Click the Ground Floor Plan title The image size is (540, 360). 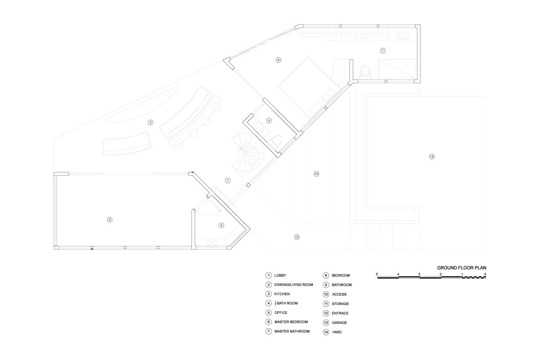[462, 267]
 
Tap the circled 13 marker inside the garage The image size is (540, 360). [432, 157]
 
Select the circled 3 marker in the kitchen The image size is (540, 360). [110, 220]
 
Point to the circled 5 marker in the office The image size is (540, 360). [221, 225]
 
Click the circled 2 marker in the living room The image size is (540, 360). [150, 122]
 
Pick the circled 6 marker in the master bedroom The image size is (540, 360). [278, 60]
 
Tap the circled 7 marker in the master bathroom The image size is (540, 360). [383, 51]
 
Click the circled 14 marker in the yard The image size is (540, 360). [316, 174]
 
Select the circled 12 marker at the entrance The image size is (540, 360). [297, 237]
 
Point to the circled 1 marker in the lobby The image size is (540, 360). [228, 180]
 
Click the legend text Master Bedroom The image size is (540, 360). [291, 322]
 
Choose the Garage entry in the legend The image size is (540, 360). [339, 323]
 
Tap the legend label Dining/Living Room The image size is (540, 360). [294, 285]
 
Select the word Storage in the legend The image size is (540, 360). [341, 304]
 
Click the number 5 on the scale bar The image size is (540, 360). [377, 274]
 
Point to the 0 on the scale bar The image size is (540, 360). [485, 274]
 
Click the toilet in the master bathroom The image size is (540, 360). [365, 72]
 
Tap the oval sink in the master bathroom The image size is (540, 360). [402, 35]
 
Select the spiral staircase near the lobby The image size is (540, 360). [248, 152]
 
